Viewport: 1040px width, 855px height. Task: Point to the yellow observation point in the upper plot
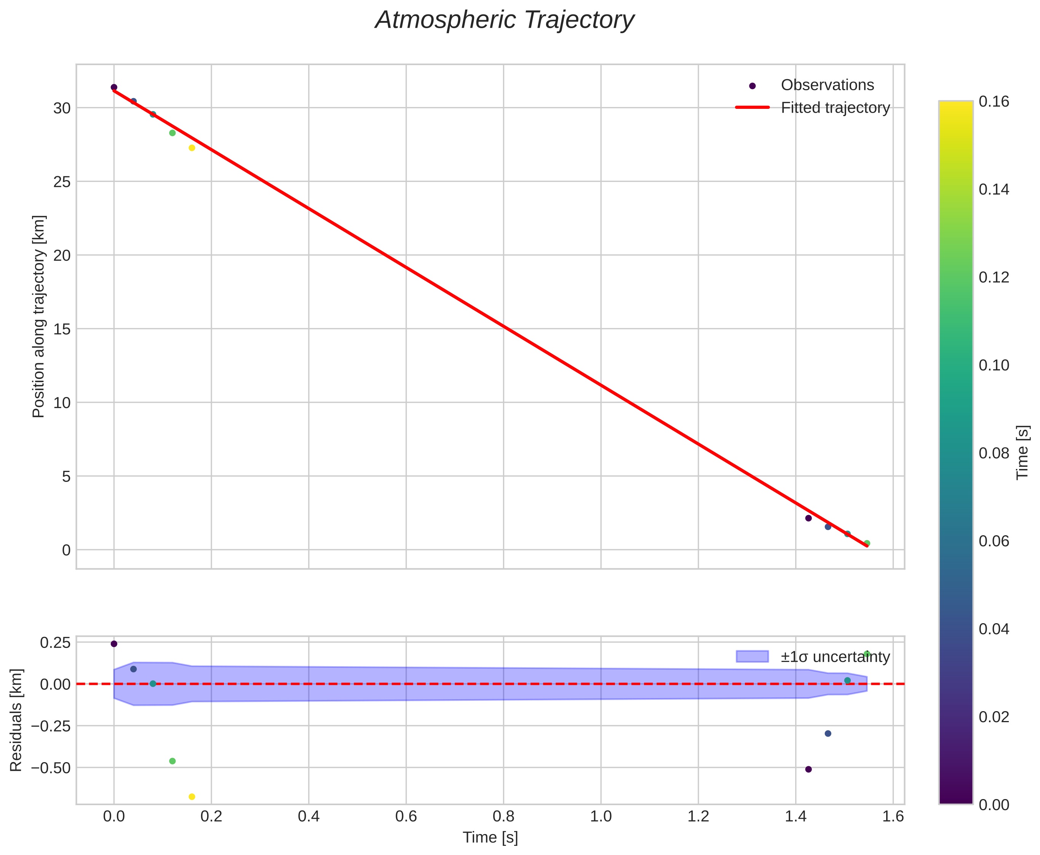pyautogui.click(x=192, y=148)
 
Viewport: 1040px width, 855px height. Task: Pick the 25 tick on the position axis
pyautogui.click(x=62, y=182)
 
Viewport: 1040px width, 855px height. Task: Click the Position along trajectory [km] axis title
pyautogui.click(x=38, y=316)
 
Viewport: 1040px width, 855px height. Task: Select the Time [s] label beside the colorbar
pyautogui.click(x=1023, y=452)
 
